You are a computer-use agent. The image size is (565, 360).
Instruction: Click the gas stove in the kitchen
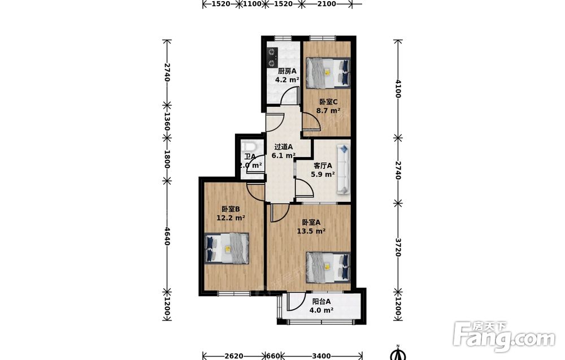(272, 58)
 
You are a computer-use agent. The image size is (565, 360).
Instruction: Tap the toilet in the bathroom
(249, 147)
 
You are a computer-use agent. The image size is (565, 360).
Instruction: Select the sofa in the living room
(344, 170)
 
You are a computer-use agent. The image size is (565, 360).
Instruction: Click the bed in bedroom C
(328, 73)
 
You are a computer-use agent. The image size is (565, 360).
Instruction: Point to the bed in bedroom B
(227, 249)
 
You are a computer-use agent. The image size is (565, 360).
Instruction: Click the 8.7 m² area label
(328, 111)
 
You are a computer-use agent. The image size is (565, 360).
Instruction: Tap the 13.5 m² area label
(311, 231)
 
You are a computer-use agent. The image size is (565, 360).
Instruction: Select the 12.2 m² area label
(231, 218)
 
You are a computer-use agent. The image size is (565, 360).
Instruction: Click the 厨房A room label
(287, 71)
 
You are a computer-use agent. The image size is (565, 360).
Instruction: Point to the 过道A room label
(284, 147)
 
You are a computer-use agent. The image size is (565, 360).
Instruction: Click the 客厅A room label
(323, 166)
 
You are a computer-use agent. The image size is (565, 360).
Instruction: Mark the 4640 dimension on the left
(167, 236)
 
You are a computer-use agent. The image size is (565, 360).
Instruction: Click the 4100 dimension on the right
(398, 89)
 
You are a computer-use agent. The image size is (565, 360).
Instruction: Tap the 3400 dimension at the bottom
(321, 356)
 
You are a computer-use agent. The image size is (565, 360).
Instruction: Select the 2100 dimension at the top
(327, 4)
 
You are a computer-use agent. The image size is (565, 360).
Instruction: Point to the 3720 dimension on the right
(398, 247)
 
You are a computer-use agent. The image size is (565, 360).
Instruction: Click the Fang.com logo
(504, 337)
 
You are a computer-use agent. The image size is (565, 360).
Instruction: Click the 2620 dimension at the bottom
(233, 356)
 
